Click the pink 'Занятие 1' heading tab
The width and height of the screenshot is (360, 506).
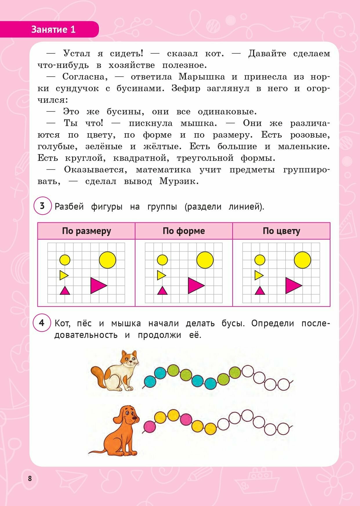click(53, 30)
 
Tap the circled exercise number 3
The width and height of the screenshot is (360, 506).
click(42, 206)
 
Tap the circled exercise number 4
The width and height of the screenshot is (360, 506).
click(42, 323)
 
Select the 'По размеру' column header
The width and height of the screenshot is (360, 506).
click(86, 231)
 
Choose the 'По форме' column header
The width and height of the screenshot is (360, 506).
click(184, 231)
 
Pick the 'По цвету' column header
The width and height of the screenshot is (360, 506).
click(281, 231)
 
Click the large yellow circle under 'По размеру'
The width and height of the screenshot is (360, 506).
click(107, 260)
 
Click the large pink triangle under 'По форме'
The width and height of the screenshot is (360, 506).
click(195, 285)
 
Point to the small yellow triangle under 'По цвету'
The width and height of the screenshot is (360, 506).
click(258, 275)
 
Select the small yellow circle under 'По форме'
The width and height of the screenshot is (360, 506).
click(162, 260)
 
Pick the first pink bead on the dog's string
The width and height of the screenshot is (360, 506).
click(149, 427)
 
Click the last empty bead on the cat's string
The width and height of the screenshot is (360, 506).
click(283, 385)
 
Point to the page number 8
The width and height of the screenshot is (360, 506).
click(30, 478)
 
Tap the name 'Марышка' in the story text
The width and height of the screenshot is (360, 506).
click(202, 77)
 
